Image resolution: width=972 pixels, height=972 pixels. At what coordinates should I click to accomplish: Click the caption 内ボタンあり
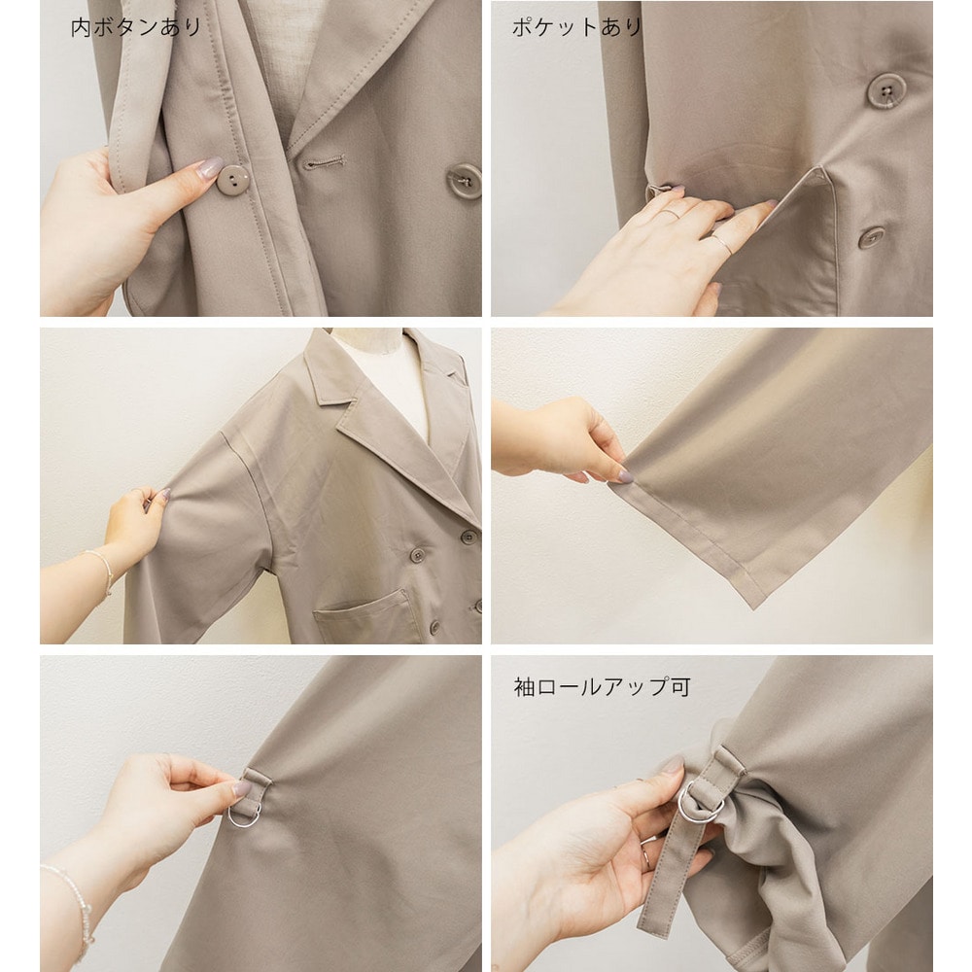136,27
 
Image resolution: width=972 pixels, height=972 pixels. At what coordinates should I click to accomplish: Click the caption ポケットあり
576,27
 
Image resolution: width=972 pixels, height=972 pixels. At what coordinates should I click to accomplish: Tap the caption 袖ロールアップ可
602,687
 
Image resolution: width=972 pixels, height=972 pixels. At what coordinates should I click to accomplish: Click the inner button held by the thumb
233,179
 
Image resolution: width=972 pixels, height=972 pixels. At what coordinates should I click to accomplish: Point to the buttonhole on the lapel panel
324,163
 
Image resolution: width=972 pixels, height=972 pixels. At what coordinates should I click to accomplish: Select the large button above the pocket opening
885,90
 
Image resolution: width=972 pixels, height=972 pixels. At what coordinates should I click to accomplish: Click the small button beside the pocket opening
872,237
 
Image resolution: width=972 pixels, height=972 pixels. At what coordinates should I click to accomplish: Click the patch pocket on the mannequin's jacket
365,615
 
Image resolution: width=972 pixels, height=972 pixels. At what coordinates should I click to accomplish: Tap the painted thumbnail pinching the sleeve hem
625,476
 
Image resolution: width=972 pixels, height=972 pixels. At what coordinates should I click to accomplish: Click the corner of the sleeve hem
754,607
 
